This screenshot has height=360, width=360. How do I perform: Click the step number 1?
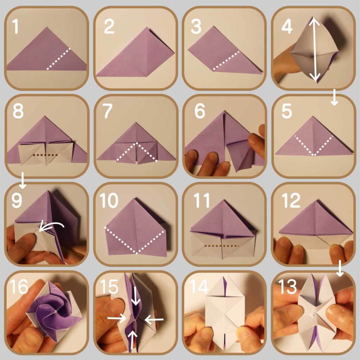[15, 26]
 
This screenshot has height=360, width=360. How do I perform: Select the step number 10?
[109, 200]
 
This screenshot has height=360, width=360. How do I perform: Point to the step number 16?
[19, 287]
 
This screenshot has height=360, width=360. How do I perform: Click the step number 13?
[288, 287]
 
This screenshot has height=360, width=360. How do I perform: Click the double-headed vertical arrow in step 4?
[315, 49]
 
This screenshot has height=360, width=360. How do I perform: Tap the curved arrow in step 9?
[51, 226]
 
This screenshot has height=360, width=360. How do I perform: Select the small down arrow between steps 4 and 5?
[334, 97]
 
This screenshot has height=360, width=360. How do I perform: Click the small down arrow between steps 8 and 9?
[22, 180]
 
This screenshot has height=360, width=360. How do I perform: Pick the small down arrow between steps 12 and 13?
[340, 268]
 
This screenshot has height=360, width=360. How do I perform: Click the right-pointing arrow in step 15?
[117, 318]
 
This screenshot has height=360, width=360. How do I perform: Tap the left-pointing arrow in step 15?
[154, 319]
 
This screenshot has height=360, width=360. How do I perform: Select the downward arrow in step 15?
[136, 296]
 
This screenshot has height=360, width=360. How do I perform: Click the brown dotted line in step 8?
[45, 155]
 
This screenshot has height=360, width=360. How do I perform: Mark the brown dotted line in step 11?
[221, 246]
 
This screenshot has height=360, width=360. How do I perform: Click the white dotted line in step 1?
[58, 59]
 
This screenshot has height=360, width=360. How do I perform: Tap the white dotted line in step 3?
[226, 60]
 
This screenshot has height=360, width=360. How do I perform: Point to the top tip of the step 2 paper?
[147, 27]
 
